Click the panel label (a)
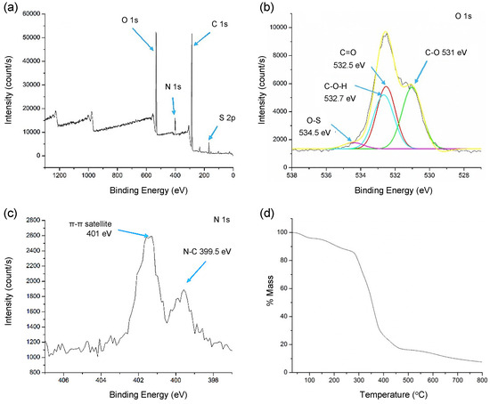click(10, 7)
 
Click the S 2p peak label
click(227, 118)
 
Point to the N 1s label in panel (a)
click(173, 87)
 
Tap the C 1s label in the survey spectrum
click(220, 24)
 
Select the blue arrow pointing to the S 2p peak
click(213, 133)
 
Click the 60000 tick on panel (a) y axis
click(32, 14)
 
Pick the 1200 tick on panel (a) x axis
click(60, 175)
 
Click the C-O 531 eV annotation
click(446, 53)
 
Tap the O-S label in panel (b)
click(314, 120)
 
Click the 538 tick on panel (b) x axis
click(292, 175)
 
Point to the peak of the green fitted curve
click(412, 86)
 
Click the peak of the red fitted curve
click(387, 86)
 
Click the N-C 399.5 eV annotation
click(207, 252)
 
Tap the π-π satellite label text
click(90, 224)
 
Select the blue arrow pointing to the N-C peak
click(197, 272)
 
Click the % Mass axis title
click(270, 290)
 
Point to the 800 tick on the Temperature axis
click(482, 380)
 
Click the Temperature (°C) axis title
click(394, 395)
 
